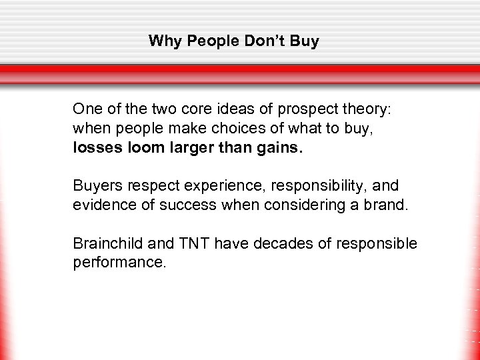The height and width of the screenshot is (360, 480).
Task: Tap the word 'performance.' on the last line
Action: (119, 263)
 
